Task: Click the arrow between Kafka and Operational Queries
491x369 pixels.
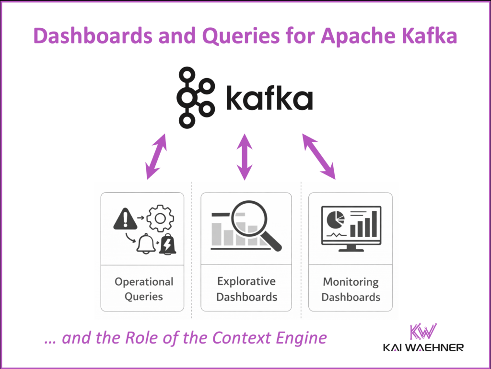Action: point(156,157)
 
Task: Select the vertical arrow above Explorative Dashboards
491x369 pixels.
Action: point(245,157)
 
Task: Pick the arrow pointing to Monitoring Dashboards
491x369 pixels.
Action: point(318,157)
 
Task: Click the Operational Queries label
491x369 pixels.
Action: point(144,289)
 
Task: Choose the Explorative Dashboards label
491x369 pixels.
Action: point(246,288)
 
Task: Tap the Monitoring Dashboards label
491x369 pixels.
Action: point(351,289)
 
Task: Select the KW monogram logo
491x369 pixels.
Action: point(422,331)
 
